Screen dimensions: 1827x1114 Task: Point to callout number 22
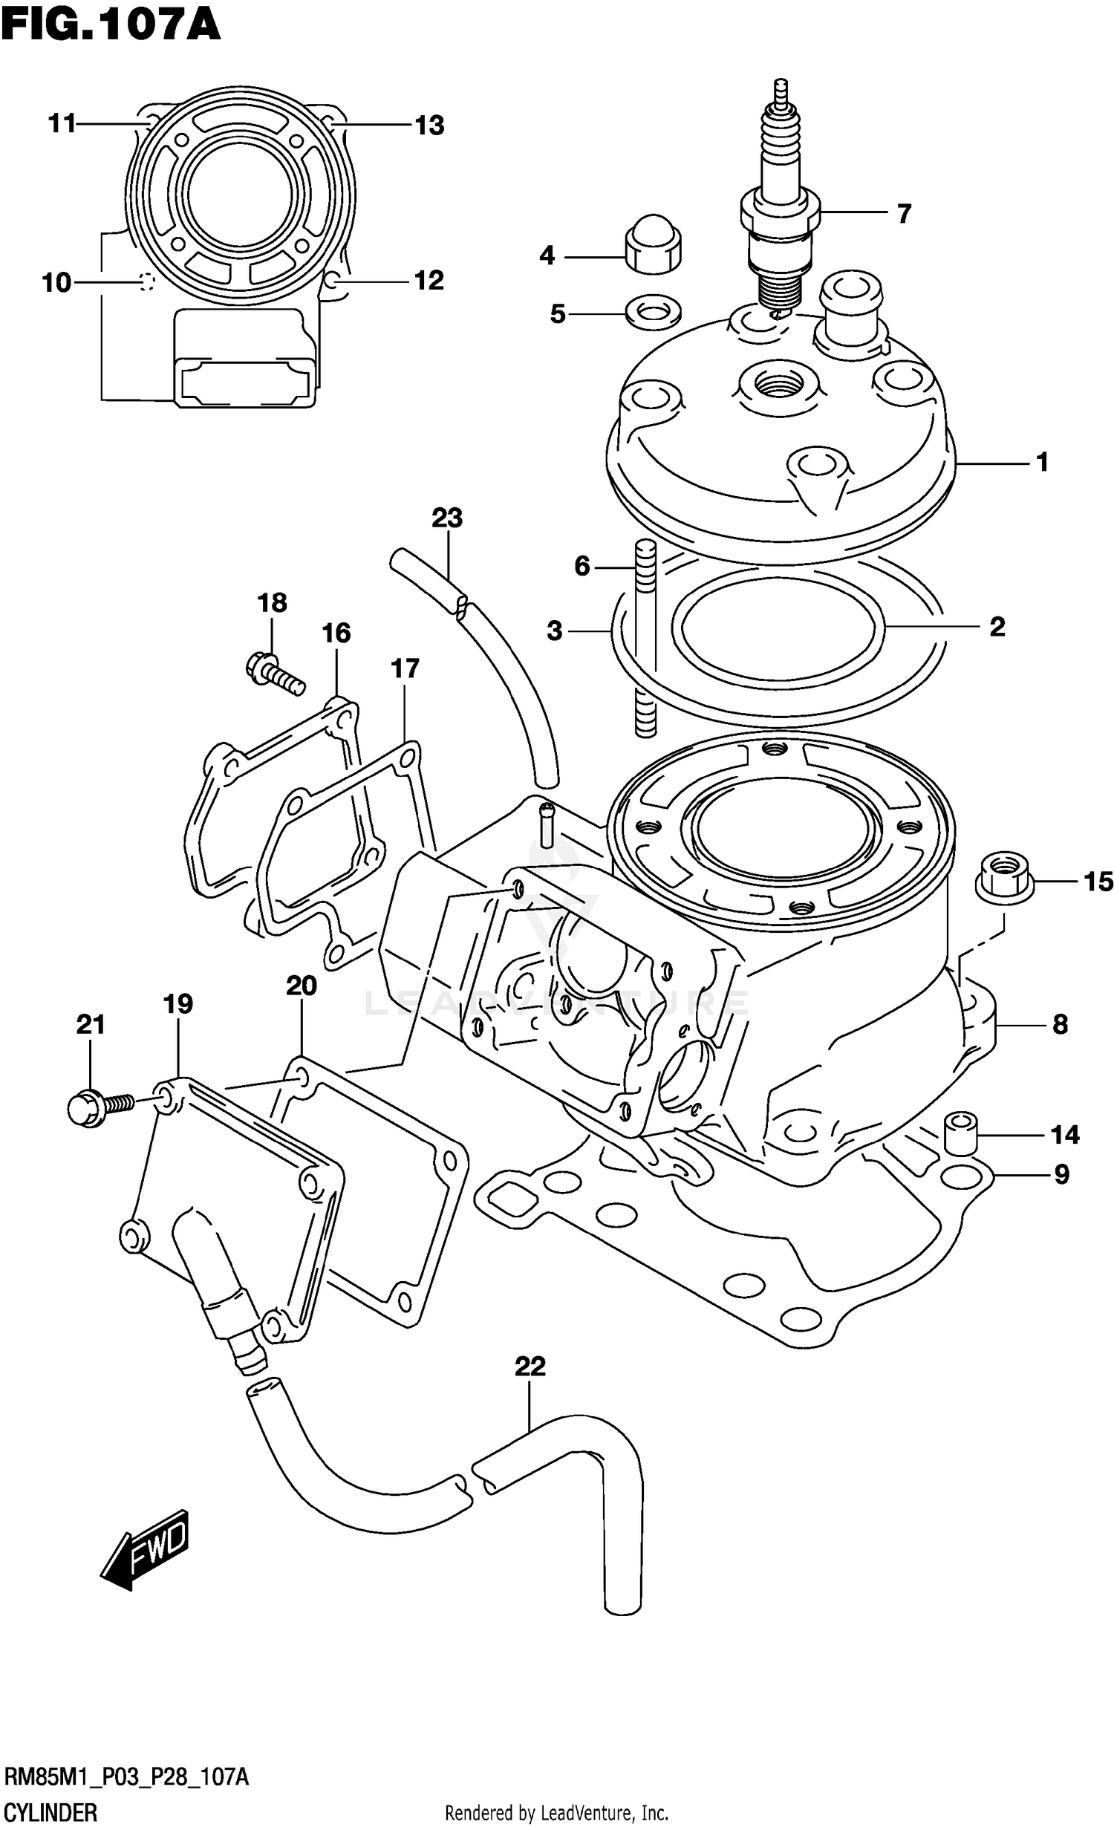point(530,1366)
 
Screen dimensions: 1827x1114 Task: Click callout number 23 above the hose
point(447,518)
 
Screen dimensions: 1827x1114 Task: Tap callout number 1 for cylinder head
point(1042,462)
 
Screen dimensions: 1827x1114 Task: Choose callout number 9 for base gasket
point(1061,1174)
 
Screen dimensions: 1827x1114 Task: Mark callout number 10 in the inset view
point(56,283)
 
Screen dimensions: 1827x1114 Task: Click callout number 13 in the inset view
point(429,125)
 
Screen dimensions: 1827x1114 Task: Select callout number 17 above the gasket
point(405,668)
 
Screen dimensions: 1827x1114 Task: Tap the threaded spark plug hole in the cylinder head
point(779,385)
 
